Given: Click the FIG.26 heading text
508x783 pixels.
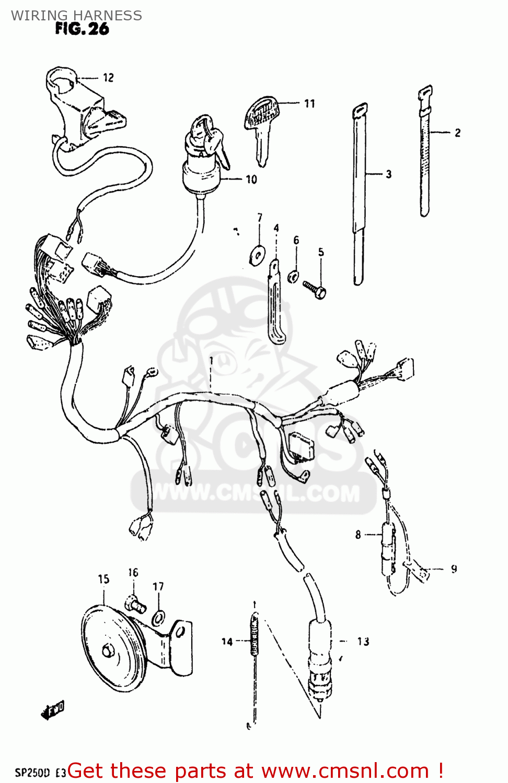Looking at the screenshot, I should pos(82,29).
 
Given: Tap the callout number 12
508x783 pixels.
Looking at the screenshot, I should pos(108,78).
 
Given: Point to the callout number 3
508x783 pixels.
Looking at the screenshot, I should pos(388,174).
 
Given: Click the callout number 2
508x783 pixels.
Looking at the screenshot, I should pos(458,133).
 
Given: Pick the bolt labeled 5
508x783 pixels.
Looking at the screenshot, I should pos(315,289).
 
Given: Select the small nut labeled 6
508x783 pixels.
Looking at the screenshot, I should pos(294,276).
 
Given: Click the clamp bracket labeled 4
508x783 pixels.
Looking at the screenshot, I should pos(276,303).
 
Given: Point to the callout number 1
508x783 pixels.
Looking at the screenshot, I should pos(211,361).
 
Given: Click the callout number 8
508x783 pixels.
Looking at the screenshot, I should pos(358,535).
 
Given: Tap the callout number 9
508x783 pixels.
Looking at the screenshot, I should pos(454,569).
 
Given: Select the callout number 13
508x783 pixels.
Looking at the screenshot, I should pos(363,642).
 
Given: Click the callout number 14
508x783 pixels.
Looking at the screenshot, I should pos(226,642).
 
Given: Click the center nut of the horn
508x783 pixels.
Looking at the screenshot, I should pos(109,651).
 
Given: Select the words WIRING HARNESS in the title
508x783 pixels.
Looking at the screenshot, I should pos(76,15).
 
